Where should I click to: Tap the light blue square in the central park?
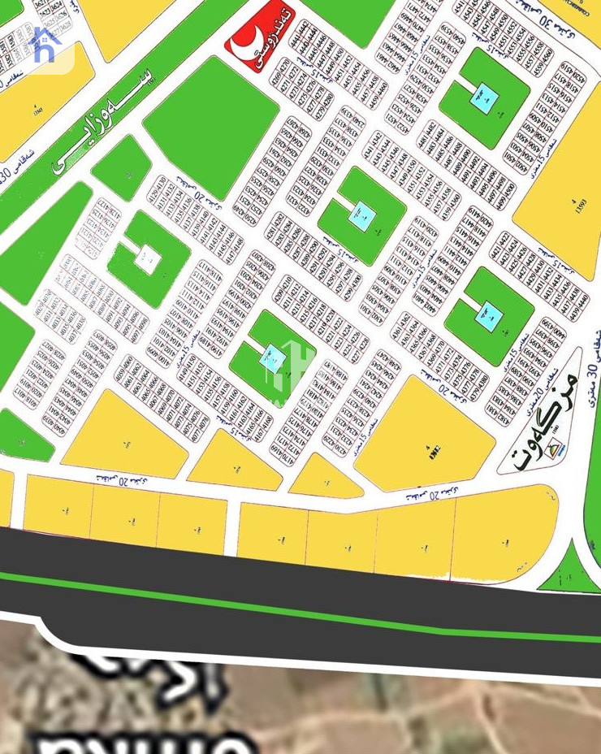pyautogui.click(x=362, y=215)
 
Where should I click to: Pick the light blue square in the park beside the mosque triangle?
pyautogui.click(x=488, y=314)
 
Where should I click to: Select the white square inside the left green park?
pyautogui.click(x=147, y=260)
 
